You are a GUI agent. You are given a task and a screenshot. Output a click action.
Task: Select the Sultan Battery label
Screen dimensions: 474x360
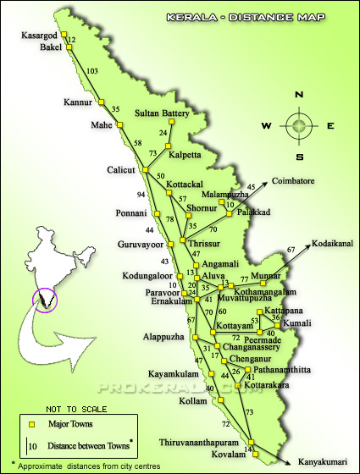click(x=162, y=113)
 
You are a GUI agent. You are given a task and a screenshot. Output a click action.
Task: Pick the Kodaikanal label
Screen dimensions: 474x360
click(x=335, y=240)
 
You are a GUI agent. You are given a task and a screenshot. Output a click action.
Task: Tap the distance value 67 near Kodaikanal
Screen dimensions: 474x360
click(x=291, y=250)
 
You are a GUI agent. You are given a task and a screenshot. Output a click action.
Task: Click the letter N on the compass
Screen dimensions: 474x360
click(x=298, y=96)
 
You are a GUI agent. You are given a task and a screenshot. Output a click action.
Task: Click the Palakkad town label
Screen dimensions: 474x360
click(x=253, y=212)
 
